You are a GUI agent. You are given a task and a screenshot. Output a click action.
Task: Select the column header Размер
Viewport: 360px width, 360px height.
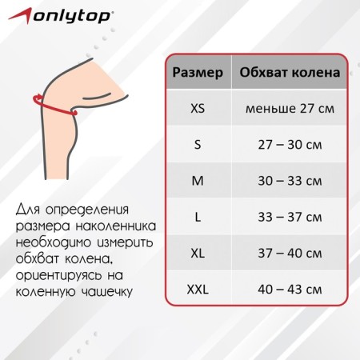[198, 73]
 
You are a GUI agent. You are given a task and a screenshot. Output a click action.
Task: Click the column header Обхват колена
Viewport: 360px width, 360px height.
[290, 73]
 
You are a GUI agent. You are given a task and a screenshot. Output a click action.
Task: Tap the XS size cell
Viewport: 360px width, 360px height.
[198, 109]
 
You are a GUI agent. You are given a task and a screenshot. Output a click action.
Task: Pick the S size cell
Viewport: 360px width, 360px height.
[198, 145]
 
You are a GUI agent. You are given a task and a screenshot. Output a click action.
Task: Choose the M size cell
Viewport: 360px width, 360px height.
[198, 181]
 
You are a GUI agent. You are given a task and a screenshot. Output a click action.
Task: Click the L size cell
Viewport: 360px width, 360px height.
[198, 217]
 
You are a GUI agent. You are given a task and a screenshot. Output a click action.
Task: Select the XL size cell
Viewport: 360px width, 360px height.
[198, 253]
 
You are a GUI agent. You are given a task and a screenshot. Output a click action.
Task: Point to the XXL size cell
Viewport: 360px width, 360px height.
[198, 290]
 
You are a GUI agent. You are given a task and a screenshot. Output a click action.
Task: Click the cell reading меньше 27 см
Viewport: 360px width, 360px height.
[290, 109]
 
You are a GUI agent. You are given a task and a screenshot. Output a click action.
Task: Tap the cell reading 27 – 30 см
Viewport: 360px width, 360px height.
[290, 145]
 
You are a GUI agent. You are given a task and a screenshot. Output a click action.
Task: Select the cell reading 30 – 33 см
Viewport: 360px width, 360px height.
[290, 181]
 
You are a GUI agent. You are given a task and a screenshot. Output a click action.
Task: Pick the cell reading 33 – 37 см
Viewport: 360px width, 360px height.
[290, 217]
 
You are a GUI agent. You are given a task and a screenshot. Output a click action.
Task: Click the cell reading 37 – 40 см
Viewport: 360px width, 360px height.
[290, 253]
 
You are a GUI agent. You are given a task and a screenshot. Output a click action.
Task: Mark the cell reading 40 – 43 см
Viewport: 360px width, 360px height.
[290, 290]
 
